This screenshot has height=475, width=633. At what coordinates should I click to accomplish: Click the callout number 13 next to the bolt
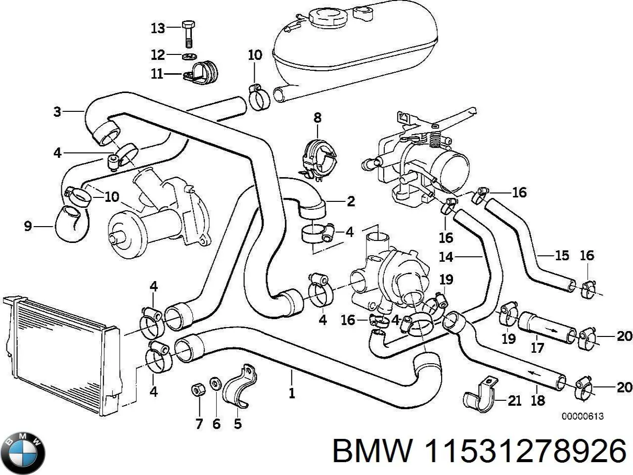157,28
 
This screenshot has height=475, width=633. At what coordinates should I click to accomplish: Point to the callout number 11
157,74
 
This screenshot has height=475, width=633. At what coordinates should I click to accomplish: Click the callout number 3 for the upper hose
57,112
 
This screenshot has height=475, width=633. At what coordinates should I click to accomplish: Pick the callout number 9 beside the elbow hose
28,227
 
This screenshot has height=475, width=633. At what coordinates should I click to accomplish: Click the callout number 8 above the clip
317,117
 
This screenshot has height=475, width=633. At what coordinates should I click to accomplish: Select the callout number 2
351,201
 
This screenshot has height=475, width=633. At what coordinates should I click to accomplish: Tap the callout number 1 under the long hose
292,393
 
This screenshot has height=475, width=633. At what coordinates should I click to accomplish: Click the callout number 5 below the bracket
238,425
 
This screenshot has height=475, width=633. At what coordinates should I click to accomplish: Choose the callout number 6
216,424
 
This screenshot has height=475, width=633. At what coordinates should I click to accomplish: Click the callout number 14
446,257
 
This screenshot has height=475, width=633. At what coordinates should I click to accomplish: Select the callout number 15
562,256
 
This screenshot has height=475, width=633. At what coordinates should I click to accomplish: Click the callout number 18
538,400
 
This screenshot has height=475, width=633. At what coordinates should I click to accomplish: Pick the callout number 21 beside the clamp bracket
515,400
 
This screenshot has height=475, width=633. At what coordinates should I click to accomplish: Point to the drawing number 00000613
582,417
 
